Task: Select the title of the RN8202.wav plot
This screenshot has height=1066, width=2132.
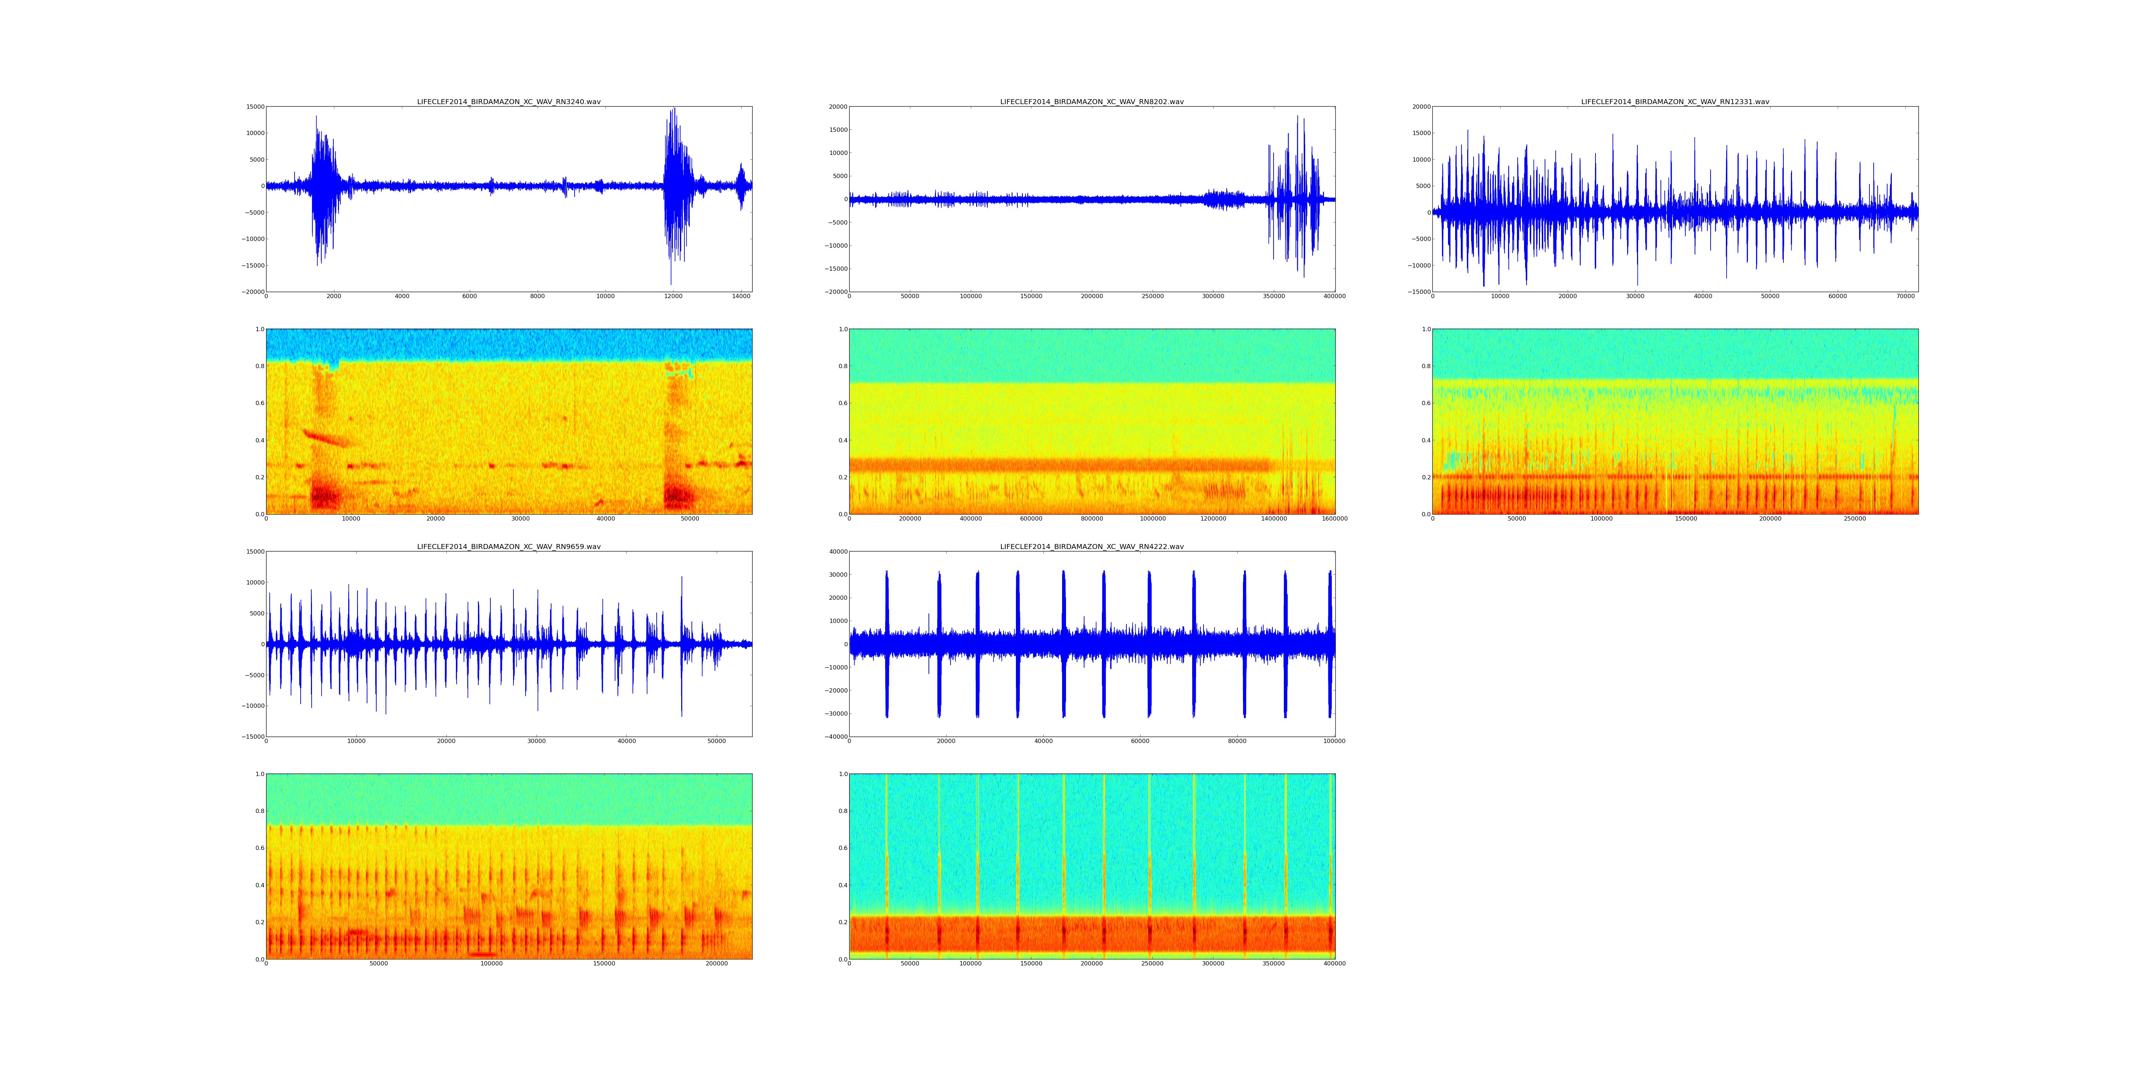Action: [x=1092, y=102]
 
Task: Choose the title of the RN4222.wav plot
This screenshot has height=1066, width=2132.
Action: [x=1092, y=546]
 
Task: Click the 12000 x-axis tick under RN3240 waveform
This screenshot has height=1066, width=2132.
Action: [x=673, y=296]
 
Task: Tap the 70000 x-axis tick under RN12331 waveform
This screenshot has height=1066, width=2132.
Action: [x=1905, y=296]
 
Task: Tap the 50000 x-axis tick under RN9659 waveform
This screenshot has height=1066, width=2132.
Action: [x=717, y=741]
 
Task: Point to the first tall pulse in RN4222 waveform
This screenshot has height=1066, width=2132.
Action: [x=887, y=644]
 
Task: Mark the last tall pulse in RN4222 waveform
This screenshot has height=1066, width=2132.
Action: [x=1330, y=644]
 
